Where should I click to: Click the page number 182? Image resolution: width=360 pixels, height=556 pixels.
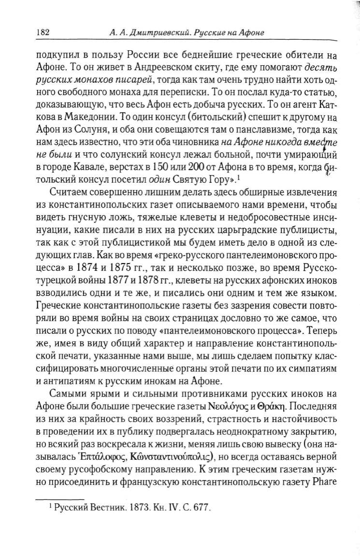pos(43,33)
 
